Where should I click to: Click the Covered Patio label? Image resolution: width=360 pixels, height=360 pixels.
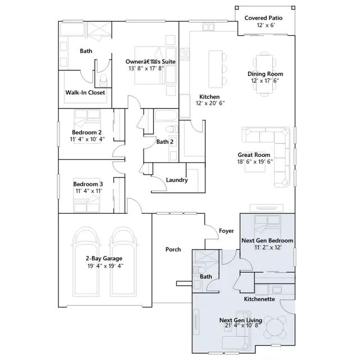point(263,18)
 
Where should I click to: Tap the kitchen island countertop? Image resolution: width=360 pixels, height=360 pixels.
point(215,69)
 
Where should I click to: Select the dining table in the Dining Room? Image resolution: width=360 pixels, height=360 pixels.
point(264,74)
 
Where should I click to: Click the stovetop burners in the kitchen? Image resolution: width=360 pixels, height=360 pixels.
point(184,54)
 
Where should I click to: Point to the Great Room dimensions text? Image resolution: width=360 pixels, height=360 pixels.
point(255,161)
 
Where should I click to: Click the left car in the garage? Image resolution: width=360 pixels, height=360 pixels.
point(87,262)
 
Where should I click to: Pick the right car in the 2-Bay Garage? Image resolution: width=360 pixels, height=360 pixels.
point(124,262)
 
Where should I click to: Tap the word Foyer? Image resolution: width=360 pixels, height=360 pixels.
point(226,231)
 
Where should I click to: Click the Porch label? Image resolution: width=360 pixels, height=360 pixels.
point(173,249)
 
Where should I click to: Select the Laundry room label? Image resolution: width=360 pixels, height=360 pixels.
point(177,180)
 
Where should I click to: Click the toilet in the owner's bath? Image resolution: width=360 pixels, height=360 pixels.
point(103,80)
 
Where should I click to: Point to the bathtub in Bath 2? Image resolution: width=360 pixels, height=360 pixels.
point(166,115)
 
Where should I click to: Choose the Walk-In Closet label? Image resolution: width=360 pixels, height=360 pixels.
point(85,92)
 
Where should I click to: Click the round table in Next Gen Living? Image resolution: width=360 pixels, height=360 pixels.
point(276,327)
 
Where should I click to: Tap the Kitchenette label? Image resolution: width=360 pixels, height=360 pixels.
point(259,299)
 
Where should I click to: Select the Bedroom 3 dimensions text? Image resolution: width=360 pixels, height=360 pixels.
point(89,191)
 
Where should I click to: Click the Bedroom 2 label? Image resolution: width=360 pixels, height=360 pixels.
point(87,132)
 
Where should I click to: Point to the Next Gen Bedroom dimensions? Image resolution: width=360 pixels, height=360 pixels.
point(268,247)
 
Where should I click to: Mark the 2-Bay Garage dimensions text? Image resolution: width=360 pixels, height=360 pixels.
point(105,266)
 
